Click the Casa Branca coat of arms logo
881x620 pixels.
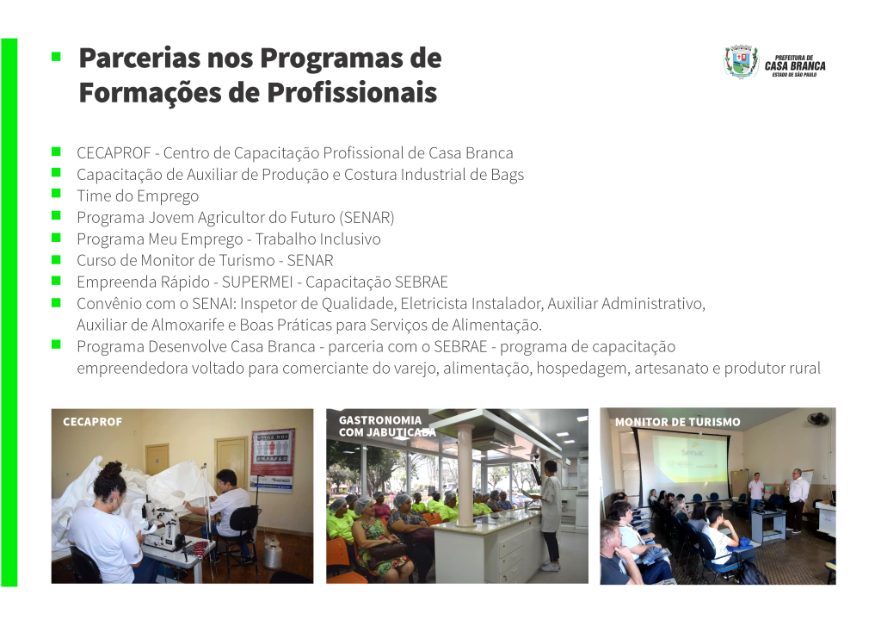[x=741, y=62]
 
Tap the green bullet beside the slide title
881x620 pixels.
[x=56, y=56]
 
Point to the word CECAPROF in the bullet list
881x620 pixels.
[x=114, y=153]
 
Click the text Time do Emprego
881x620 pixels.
[x=138, y=196]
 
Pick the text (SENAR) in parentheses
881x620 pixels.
[x=367, y=218]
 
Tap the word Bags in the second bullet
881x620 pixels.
[x=508, y=175]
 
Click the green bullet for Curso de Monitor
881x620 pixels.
[x=56, y=259]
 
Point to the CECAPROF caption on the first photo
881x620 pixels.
[x=92, y=422]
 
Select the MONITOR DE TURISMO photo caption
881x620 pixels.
[x=678, y=422]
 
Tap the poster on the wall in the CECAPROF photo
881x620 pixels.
[x=273, y=461]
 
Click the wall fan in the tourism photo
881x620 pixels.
[x=818, y=419]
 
